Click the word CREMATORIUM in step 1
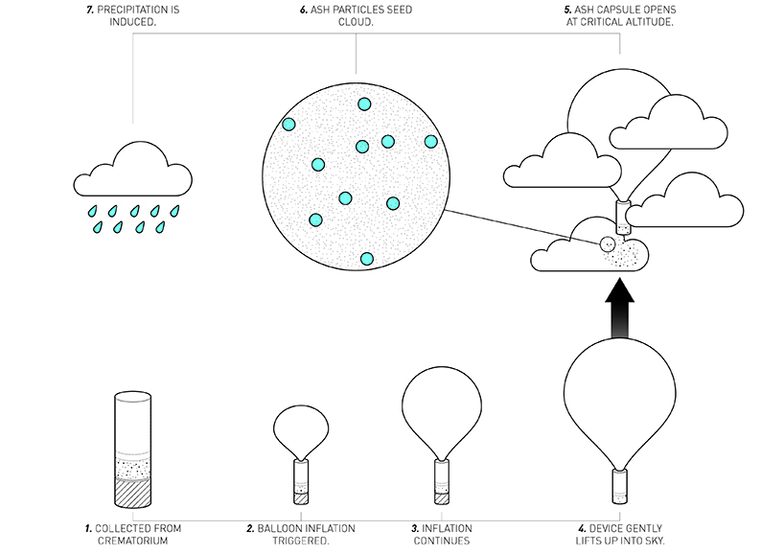tap(120, 542)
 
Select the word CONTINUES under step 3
tap(443, 542)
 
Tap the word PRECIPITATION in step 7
tap(136, 10)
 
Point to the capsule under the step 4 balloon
tap(621, 488)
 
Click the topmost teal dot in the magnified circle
tap(363, 104)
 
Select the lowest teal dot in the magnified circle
tap(366, 259)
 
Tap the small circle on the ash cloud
tap(606, 244)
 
